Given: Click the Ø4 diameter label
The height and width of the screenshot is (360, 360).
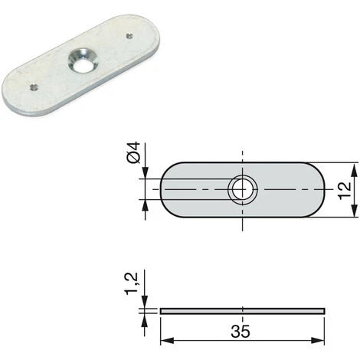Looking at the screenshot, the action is point(133,152).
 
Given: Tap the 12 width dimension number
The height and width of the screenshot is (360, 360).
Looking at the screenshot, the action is point(344,191).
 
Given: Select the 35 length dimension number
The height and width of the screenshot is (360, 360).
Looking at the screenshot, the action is point(241,331).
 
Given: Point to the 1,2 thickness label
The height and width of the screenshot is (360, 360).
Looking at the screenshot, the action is point(132,283).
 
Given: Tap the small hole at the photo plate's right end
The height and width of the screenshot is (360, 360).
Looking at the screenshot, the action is point(130,36).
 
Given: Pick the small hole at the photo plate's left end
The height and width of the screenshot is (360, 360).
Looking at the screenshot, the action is point(34,87).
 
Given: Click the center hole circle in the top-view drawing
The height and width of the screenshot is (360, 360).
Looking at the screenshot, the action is point(242,190).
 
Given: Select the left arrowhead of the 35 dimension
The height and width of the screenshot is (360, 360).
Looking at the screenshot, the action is point(167,340).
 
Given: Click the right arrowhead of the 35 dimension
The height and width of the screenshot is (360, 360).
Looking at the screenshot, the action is point(318,340).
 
